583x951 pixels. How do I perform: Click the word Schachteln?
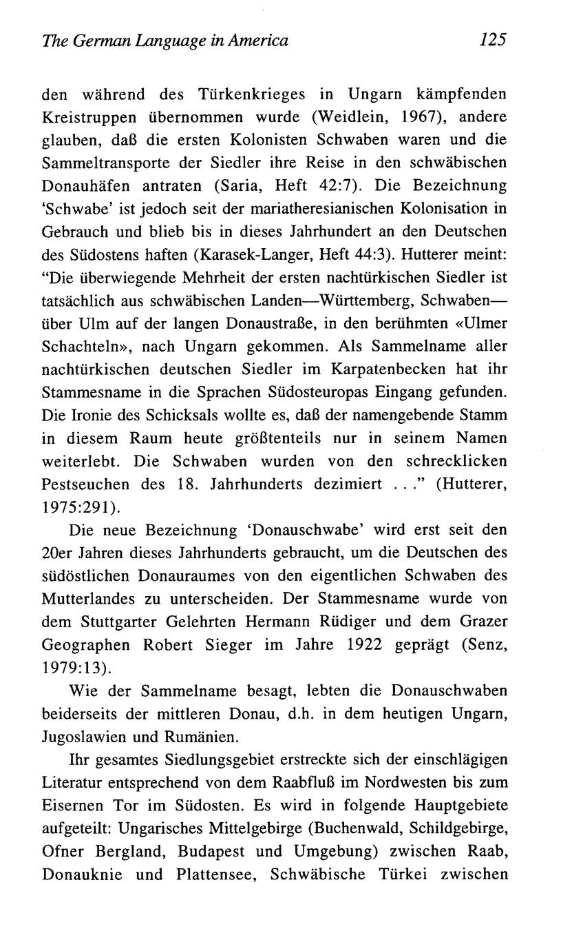pos(78,346)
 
